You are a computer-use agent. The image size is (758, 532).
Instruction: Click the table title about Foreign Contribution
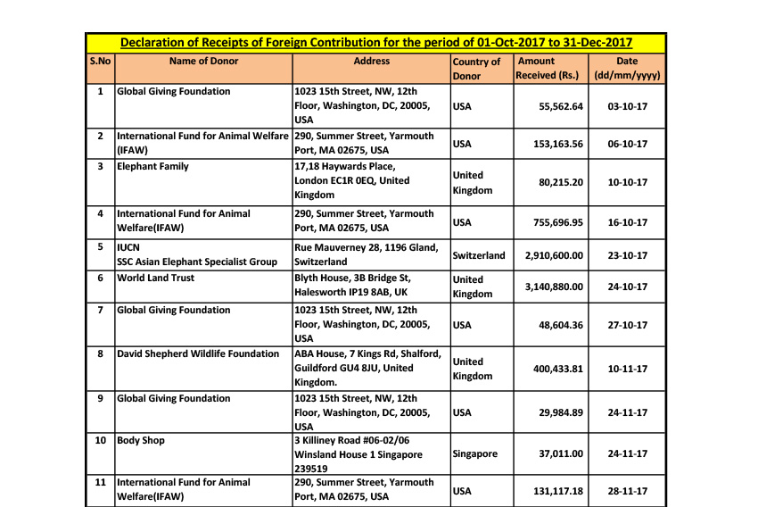click(376, 43)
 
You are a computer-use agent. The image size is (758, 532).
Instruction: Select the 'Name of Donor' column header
click(203, 62)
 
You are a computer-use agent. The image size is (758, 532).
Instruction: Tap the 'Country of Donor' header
click(476, 69)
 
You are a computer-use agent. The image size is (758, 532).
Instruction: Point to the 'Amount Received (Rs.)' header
click(548, 69)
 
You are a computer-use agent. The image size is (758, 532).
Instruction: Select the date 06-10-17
click(627, 144)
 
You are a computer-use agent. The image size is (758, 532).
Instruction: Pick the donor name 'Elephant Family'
click(153, 166)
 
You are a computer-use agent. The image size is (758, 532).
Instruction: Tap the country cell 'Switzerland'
click(479, 255)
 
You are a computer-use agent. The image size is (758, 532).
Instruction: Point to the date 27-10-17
click(627, 326)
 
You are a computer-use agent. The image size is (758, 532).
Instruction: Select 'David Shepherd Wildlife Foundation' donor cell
click(199, 353)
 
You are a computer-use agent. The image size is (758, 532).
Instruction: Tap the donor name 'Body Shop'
click(141, 440)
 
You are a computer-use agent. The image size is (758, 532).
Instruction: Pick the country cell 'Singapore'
click(475, 454)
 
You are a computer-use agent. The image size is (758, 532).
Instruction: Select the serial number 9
click(100, 398)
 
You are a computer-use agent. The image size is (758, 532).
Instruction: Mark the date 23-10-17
click(627, 255)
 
